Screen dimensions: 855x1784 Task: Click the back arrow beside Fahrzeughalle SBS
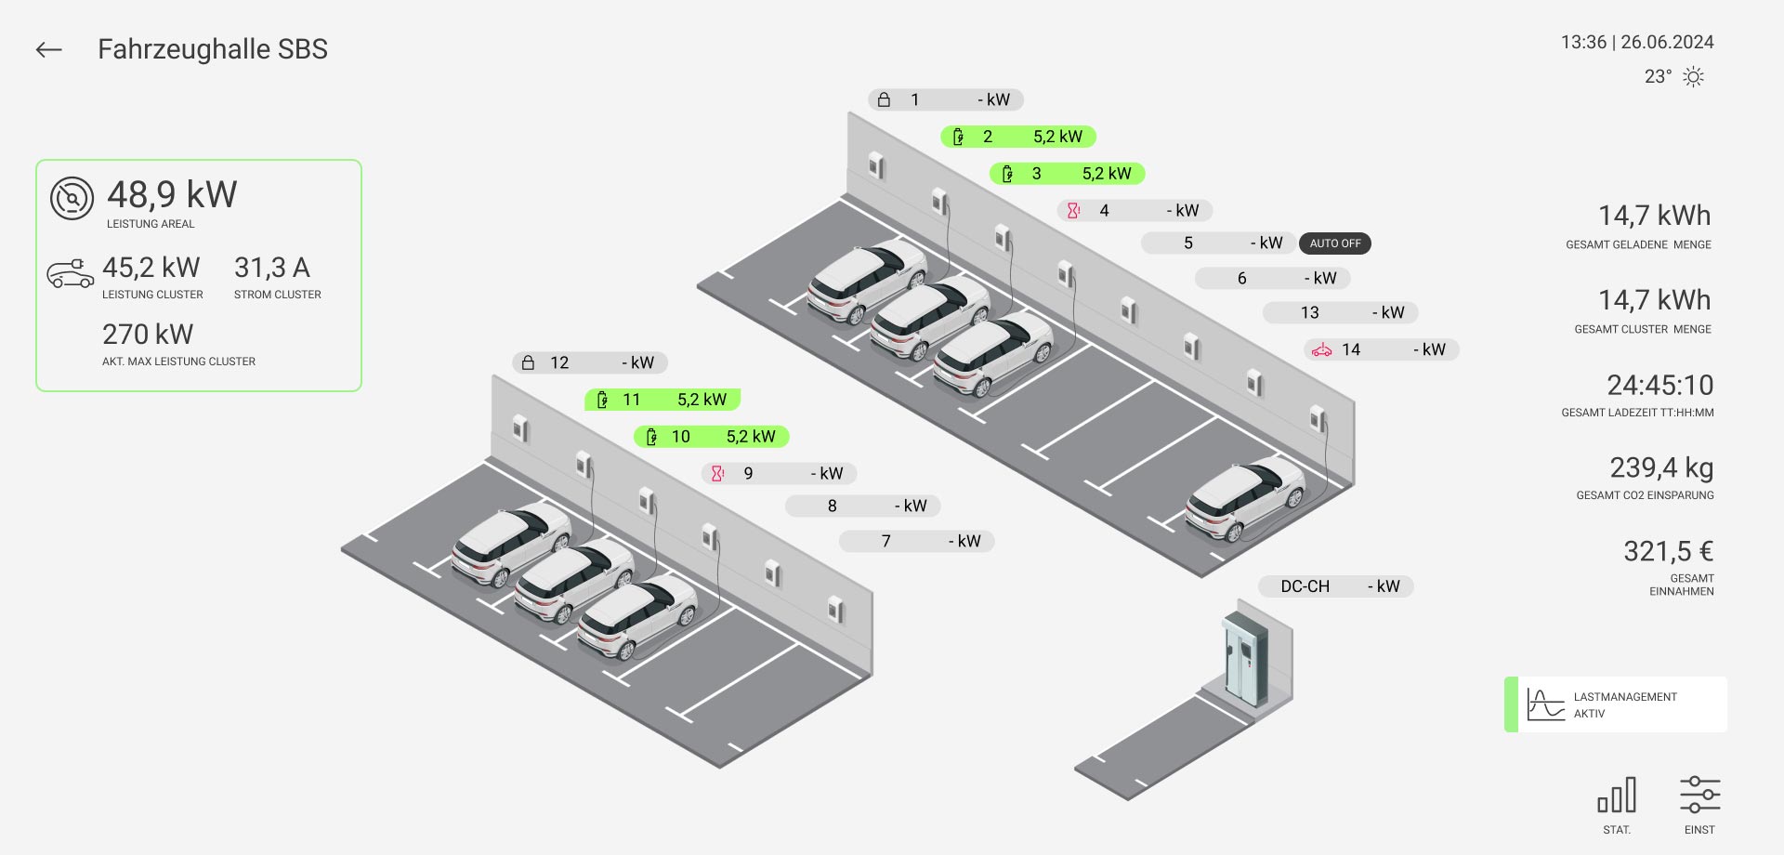click(x=48, y=50)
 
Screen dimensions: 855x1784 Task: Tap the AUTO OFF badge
click(x=1334, y=243)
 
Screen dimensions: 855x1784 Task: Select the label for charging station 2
click(x=1018, y=137)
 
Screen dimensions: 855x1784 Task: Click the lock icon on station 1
click(x=884, y=99)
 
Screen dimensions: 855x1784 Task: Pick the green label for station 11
click(x=662, y=400)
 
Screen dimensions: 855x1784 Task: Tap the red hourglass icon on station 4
click(x=1073, y=211)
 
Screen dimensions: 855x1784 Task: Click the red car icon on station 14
click(x=1321, y=350)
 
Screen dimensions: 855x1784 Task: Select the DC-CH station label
click(x=1335, y=586)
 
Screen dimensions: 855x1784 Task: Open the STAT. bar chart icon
click(x=1617, y=796)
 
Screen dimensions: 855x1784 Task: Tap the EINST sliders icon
click(x=1699, y=796)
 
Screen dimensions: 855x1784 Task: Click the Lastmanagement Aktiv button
click(x=1616, y=704)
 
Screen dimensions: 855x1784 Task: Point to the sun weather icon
click(x=1693, y=77)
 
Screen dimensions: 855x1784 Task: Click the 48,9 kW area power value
click(x=172, y=195)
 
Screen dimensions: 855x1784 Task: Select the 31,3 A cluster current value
click(x=272, y=269)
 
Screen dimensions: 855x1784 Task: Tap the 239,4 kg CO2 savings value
click(x=1661, y=467)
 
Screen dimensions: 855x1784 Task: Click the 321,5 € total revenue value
click(x=1668, y=551)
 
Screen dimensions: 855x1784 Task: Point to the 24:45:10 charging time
click(x=1659, y=385)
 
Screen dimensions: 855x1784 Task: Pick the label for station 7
click(x=916, y=541)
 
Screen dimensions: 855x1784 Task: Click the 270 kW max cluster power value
click(x=148, y=335)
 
